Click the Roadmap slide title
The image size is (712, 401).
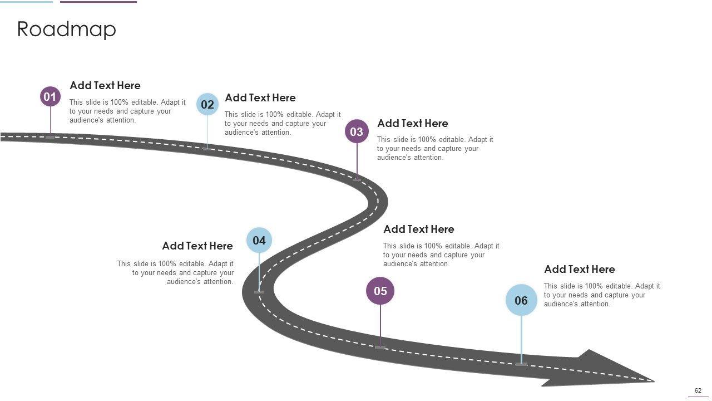pos(67,29)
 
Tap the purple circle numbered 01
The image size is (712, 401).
pos(50,97)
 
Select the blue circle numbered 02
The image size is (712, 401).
pos(207,104)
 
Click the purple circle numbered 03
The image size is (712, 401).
pos(357,131)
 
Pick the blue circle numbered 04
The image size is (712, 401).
pos(259,240)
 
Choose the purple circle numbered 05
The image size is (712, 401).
pos(380,291)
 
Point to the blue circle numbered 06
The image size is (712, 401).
pos(521,300)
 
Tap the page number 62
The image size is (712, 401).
pos(698,390)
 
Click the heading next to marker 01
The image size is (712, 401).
pos(105,85)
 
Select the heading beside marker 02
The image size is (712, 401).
pos(260,97)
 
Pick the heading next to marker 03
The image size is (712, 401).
pos(413,123)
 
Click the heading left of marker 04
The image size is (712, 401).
pos(197,246)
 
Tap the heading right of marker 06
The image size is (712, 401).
pos(580,269)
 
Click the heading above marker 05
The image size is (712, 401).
pos(419,229)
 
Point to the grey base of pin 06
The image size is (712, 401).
pos(521,364)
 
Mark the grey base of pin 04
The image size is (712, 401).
pos(259,292)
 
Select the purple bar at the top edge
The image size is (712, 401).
pos(98,2)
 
